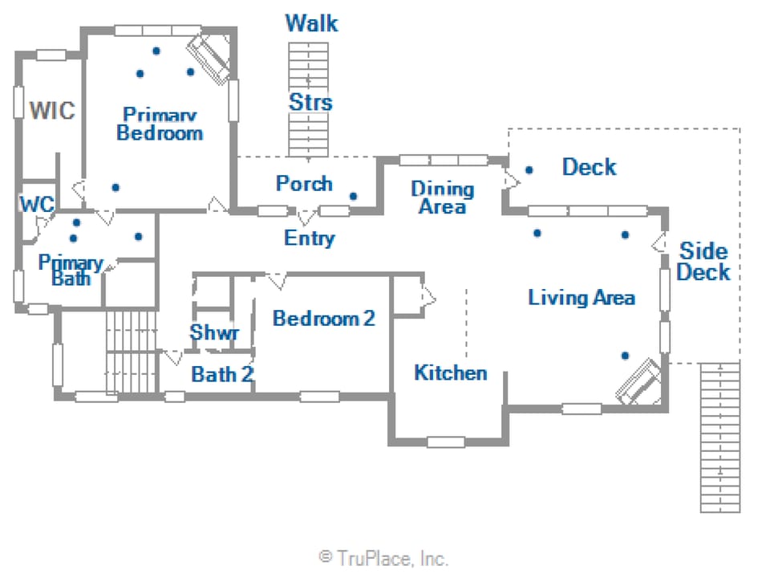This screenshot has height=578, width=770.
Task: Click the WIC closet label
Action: (x=52, y=110)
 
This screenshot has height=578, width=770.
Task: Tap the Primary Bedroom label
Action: (x=160, y=124)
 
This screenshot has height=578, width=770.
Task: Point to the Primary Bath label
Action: (x=71, y=271)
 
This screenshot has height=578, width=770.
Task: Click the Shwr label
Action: (x=214, y=332)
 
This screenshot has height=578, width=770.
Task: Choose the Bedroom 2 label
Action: (x=323, y=319)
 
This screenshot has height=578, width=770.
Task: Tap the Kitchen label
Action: (x=450, y=372)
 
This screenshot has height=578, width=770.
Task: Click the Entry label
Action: (x=309, y=238)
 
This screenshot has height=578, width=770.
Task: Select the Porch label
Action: (x=304, y=183)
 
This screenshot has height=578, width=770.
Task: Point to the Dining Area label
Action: (x=442, y=197)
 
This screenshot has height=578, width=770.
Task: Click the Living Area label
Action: (x=582, y=298)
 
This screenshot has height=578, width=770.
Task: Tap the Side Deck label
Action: (x=703, y=261)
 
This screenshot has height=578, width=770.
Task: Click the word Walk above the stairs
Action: (x=311, y=23)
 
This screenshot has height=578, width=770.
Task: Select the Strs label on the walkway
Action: (x=310, y=103)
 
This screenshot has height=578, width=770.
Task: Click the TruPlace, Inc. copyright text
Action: (x=384, y=557)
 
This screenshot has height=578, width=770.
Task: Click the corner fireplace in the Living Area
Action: (x=640, y=381)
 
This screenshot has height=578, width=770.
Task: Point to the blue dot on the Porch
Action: (x=353, y=196)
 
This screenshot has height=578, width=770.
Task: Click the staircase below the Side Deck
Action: (x=719, y=437)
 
